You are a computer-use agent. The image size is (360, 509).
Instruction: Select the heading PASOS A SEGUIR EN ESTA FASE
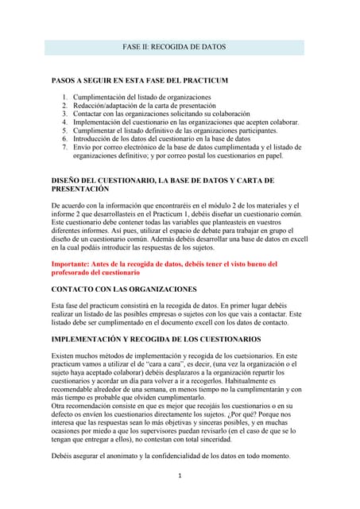(140, 81)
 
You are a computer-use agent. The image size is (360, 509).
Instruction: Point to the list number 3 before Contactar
(65, 115)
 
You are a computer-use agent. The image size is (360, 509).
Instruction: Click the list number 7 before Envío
(65, 148)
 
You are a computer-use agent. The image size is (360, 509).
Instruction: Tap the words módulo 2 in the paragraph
(234, 206)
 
